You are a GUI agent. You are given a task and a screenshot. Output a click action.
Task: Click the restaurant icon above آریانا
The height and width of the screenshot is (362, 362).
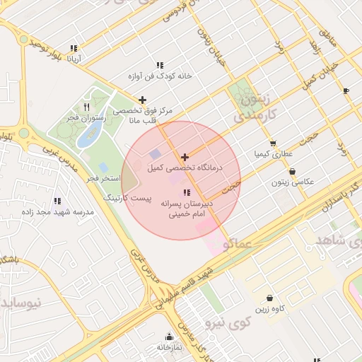(x=74, y=49)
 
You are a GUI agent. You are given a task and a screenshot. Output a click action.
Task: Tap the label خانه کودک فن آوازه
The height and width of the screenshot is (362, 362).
(x=160, y=75)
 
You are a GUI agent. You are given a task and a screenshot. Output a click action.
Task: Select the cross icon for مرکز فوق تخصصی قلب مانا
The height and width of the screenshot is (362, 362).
(x=143, y=100)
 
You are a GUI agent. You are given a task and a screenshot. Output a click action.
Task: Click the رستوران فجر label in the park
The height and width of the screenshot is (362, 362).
(x=82, y=118)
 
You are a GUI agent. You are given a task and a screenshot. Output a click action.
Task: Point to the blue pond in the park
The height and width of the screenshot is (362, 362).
(x=88, y=136)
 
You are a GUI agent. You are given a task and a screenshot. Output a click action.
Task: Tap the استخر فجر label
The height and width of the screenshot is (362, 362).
(x=102, y=178)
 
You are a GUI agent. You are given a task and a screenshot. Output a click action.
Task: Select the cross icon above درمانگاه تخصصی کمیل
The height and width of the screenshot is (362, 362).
(x=185, y=157)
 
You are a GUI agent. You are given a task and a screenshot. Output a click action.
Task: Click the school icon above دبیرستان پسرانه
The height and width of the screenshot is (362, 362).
(x=187, y=192)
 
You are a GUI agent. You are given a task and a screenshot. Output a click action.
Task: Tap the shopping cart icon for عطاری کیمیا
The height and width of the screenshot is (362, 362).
(x=273, y=144)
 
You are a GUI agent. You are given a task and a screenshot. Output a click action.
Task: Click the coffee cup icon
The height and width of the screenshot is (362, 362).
(x=345, y=90)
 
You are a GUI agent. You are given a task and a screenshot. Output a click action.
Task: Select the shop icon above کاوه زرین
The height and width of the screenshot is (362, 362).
(x=269, y=298)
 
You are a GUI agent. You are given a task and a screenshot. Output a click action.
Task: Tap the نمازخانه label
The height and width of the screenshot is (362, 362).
(x=168, y=348)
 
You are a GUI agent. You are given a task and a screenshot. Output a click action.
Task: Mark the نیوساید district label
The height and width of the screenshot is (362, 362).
(x=20, y=303)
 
